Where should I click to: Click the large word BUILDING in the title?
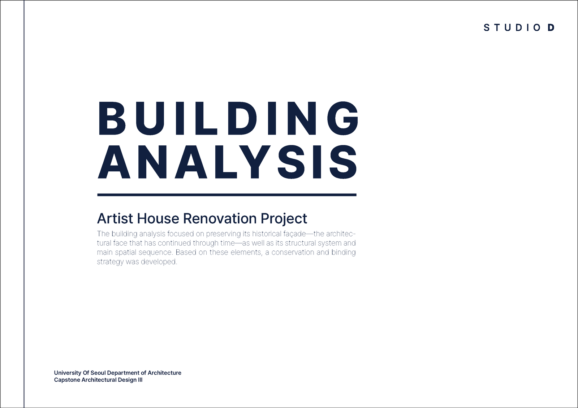pyautogui.click(x=228, y=118)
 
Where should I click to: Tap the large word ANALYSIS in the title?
pyautogui.click(x=227, y=162)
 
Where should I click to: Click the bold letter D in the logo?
pyautogui.click(x=551, y=27)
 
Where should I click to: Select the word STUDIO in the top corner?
pyautogui.click(x=512, y=27)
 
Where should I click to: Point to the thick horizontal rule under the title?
pyautogui.click(x=227, y=195)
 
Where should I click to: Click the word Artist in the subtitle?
pyautogui.click(x=115, y=219)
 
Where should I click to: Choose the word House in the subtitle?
pyautogui.click(x=158, y=219)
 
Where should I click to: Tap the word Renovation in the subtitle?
pyautogui.click(x=220, y=219)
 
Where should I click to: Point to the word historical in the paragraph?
pyautogui.click(x=265, y=234)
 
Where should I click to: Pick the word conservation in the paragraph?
pyautogui.click(x=293, y=252)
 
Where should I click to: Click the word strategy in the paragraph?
pyautogui.click(x=110, y=262)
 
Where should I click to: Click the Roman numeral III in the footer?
pyautogui.click(x=140, y=380)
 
